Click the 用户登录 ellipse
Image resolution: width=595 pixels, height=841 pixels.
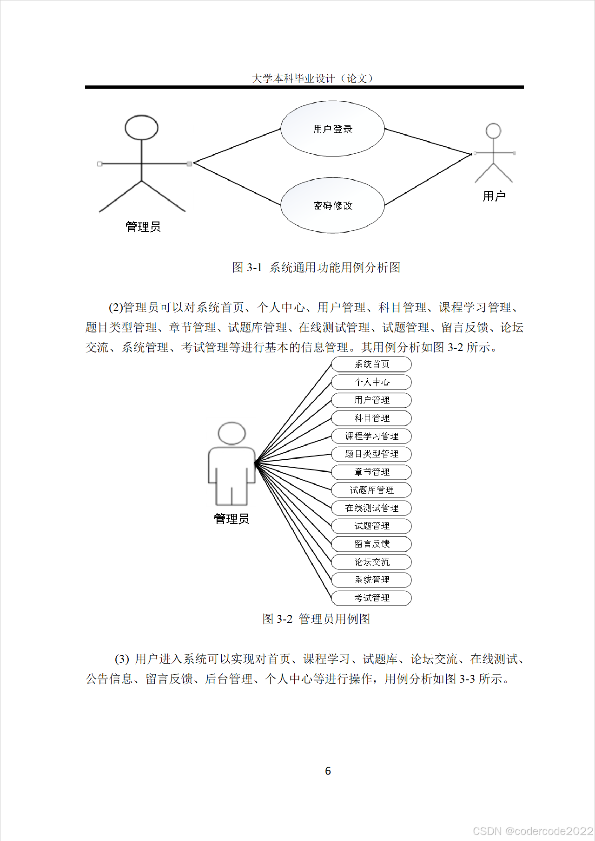coord(332,129)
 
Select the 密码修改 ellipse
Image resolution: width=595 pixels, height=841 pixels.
coord(332,205)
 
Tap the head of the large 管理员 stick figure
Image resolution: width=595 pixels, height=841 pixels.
coord(141,127)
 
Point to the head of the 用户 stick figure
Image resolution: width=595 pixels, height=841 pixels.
coord(493,130)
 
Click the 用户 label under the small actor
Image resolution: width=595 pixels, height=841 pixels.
coord(494,196)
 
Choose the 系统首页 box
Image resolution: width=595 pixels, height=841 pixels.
coord(371,364)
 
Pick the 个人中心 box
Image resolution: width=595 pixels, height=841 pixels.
coord(371,382)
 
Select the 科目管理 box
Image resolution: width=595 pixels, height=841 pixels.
coord(371,418)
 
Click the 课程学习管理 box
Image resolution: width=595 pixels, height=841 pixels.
coord(371,436)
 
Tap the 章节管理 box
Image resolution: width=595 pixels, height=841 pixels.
coord(371,472)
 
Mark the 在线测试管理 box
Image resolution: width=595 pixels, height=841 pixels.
coord(371,508)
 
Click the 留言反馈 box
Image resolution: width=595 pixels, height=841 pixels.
coord(371,544)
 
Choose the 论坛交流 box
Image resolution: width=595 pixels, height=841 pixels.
coord(371,562)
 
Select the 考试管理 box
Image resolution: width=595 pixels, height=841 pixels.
coord(371,598)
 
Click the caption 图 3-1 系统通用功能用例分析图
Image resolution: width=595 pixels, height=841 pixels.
coord(316,267)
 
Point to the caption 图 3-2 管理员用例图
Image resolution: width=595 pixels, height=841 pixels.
coord(316,619)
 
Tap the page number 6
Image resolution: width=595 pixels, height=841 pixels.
coord(328,771)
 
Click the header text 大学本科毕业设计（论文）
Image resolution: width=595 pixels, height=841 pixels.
coord(312,78)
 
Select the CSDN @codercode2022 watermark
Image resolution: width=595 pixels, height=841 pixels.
coord(533,831)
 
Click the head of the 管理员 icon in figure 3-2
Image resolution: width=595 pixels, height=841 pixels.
coord(231,434)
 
